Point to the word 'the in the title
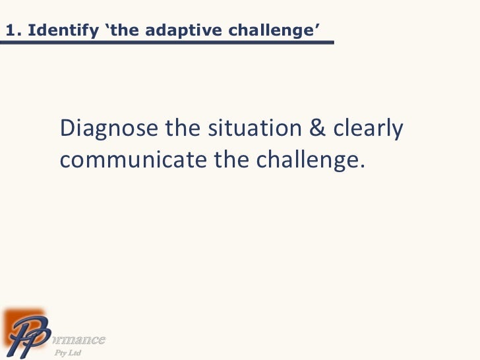[x=117, y=30]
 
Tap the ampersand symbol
[x=318, y=129]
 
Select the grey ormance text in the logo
[x=79, y=340]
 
